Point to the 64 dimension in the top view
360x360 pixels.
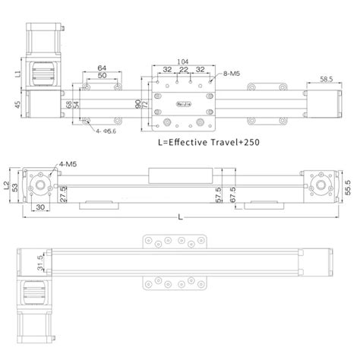click(102, 68)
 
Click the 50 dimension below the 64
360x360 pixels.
click(102, 77)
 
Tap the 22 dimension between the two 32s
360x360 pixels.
click(182, 69)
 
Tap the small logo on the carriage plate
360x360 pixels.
click(182, 99)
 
